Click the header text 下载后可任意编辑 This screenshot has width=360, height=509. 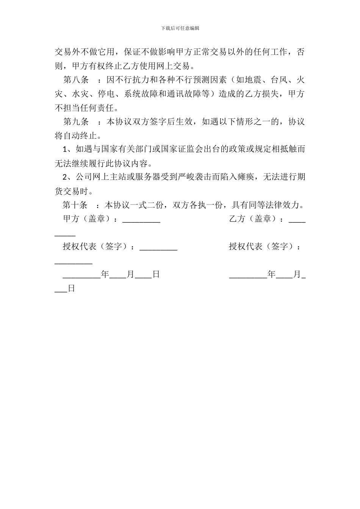(x=180, y=28)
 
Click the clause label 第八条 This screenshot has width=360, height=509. (x=76, y=80)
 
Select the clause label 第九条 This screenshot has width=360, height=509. (x=76, y=122)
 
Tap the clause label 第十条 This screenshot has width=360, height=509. (x=75, y=205)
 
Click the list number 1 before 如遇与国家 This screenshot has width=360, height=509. (x=64, y=149)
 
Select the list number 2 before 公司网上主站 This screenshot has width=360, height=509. (x=64, y=177)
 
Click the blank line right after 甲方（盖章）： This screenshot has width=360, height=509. (x=141, y=221)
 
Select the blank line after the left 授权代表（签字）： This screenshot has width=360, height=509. (x=158, y=248)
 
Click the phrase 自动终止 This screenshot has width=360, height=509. (x=80, y=135)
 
